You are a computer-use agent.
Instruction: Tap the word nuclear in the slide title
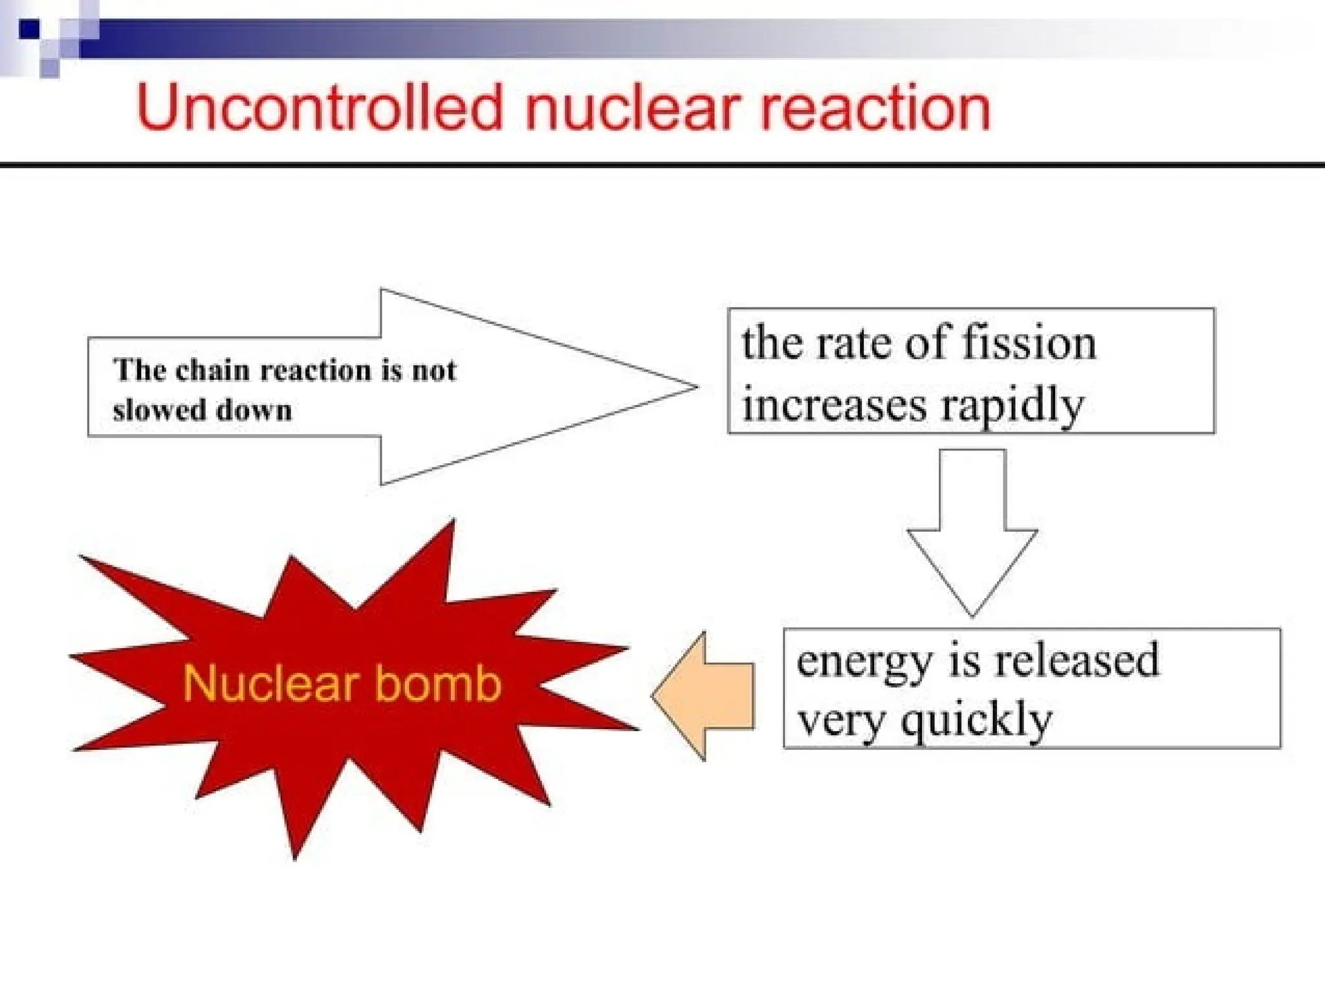click(631, 107)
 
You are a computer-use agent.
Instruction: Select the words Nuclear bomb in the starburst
click(342, 684)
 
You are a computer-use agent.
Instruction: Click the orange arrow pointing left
click(705, 696)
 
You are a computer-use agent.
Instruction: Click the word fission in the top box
click(1029, 343)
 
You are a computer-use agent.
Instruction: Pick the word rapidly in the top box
click(1013, 406)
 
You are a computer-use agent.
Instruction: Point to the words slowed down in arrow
click(203, 410)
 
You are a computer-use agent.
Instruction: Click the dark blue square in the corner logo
click(29, 29)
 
